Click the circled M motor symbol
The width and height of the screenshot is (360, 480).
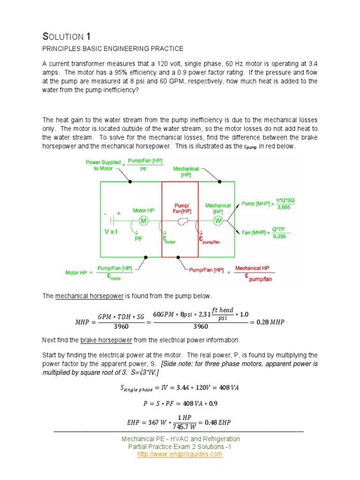[144, 221]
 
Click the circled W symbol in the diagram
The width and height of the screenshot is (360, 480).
[218, 221]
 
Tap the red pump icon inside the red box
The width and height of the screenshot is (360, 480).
[183, 221]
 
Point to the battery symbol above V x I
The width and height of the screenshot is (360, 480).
[112, 220]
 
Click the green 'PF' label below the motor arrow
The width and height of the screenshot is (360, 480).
[139, 238]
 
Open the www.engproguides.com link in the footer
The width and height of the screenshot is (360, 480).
[180, 454]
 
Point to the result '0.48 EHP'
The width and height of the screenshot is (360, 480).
[213, 422]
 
